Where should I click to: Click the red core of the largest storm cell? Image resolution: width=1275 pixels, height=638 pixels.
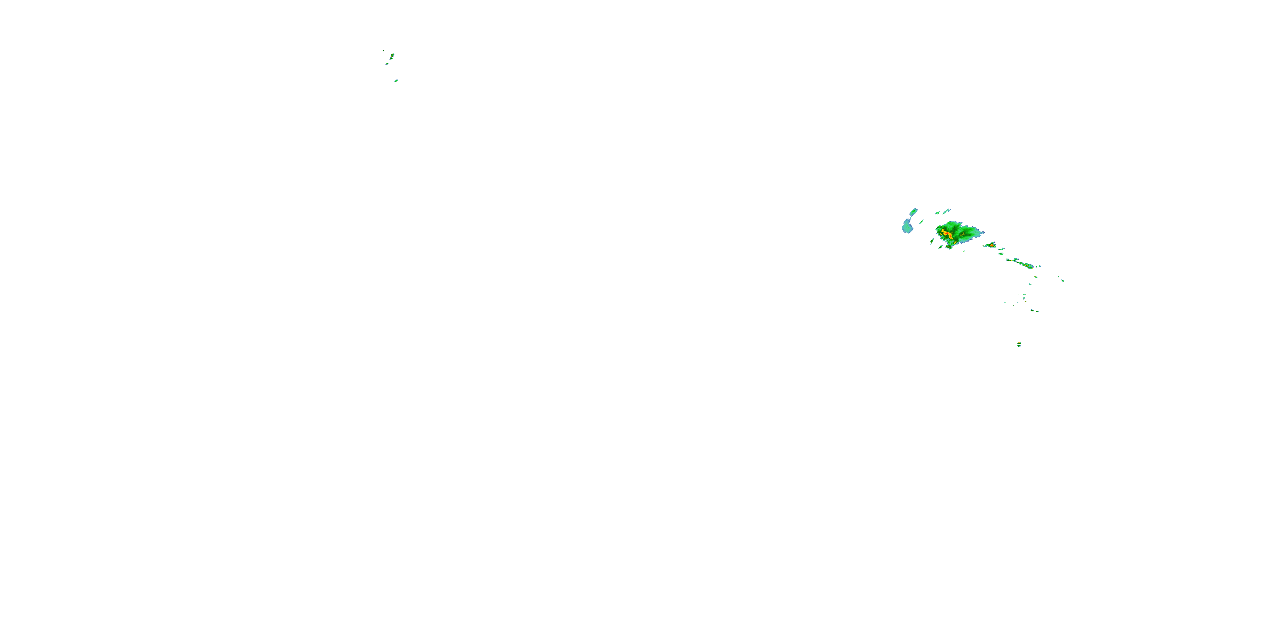click(947, 234)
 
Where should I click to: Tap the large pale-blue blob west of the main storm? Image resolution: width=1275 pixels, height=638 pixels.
click(907, 227)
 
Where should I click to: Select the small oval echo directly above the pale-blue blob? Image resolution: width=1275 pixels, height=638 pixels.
click(914, 212)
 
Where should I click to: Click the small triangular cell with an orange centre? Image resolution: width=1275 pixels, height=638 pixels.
click(992, 245)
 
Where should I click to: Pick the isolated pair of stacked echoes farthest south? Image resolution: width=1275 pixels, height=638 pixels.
click(1019, 344)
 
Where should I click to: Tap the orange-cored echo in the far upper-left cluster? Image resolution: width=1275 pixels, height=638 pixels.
click(392, 55)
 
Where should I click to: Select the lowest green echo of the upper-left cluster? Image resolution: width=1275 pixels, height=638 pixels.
click(397, 81)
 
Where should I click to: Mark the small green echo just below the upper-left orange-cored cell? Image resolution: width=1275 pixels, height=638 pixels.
click(388, 64)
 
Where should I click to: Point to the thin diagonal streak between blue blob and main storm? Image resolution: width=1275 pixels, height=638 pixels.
click(921, 222)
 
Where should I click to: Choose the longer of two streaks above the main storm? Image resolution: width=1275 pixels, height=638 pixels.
click(946, 211)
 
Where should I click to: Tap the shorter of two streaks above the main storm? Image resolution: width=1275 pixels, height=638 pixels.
click(938, 213)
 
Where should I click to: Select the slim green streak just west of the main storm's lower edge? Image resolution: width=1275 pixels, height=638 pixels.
click(932, 242)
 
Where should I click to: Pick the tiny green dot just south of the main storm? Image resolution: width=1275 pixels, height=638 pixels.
click(964, 252)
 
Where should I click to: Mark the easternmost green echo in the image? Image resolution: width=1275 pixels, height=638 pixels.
click(1062, 281)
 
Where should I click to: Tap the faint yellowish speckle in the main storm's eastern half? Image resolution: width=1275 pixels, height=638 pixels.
click(963, 234)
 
